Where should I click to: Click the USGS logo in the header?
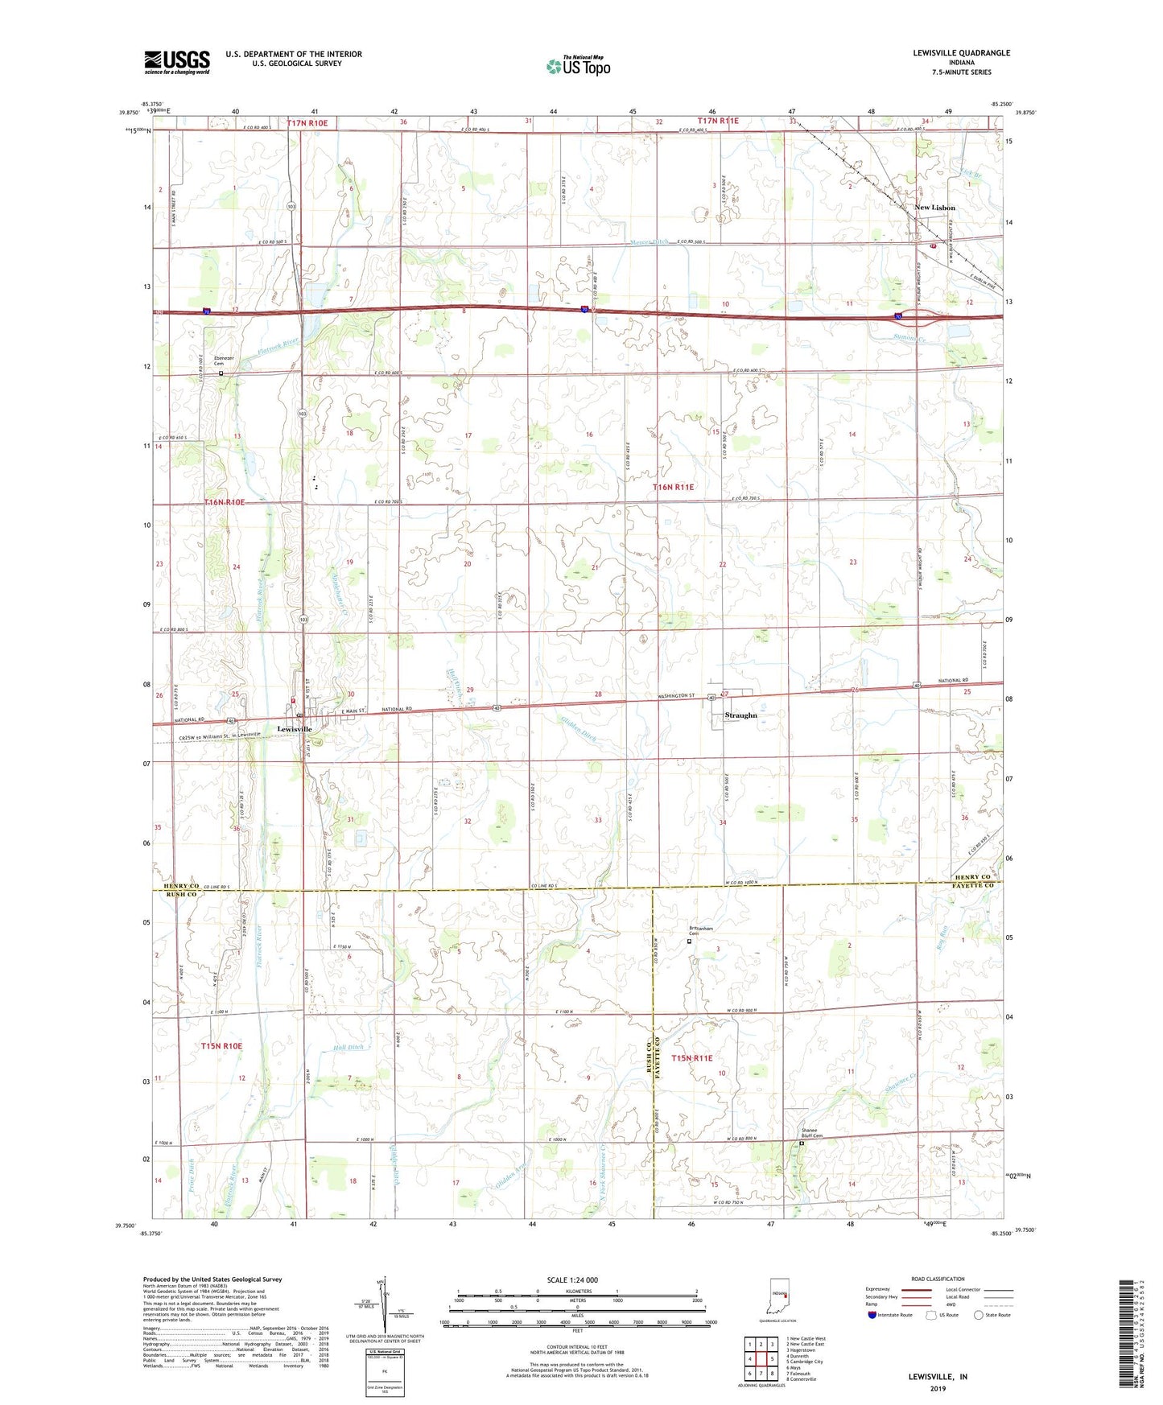coord(176,62)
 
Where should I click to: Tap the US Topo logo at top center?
coord(577,66)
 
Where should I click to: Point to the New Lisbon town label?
coord(934,208)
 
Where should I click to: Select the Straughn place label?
coord(740,715)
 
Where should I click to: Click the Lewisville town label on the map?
coord(295,729)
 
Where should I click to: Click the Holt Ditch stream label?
coord(348,1048)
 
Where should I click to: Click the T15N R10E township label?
coord(221,1045)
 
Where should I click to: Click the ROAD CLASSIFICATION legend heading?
coord(938,1279)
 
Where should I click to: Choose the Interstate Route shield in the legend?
coord(873,1315)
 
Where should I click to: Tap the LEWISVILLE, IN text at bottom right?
coord(938,1377)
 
